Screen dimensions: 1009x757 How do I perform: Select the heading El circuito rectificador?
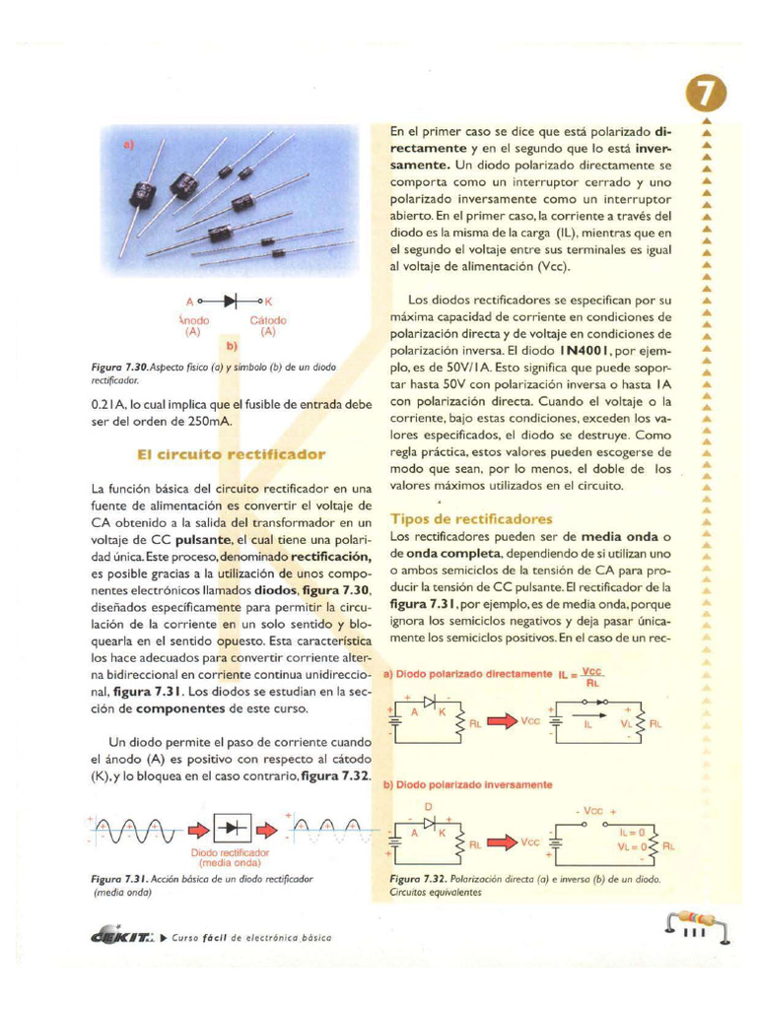coord(230,454)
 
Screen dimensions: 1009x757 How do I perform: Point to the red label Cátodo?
coord(267,320)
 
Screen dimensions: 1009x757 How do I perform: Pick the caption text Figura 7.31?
coord(118,877)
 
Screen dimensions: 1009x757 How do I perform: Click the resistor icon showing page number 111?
coord(696,927)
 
